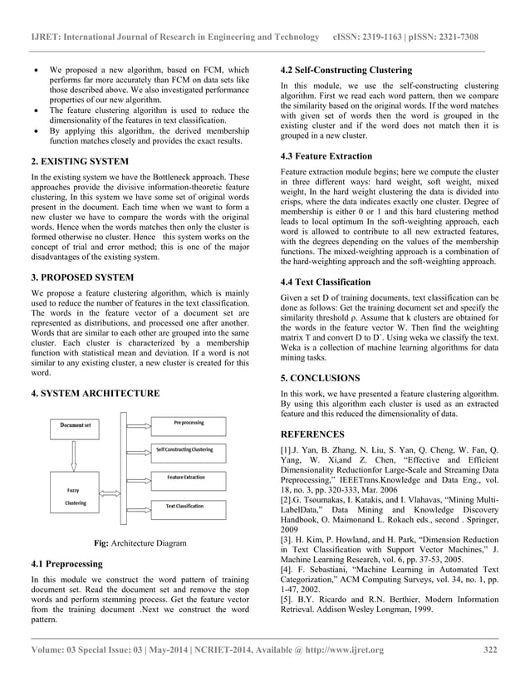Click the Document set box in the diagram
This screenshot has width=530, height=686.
click(76, 424)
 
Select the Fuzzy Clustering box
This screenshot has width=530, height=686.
click(76, 496)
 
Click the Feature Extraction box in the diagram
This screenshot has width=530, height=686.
click(187, 478)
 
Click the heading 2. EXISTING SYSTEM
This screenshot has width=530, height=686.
click(81, 161)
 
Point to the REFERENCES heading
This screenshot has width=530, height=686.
click(312, 434)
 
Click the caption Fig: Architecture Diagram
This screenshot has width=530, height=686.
click(140, 544)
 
